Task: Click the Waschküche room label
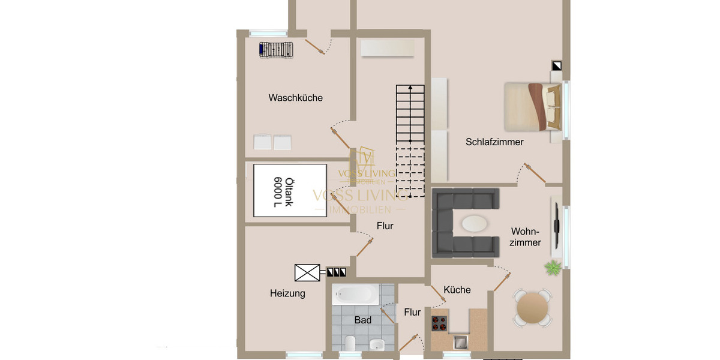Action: pyautogui.click(x=295, y=98)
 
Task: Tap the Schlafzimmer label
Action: pyautogui.click(x=494, y=142)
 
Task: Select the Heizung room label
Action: pyautogui.click(x=287, y=293)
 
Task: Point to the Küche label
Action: pyautogui.click(x=457, y=290)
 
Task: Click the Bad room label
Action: pyautogui.click(x=362, y=320)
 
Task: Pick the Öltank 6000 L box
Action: pyautogui.click(x=290, y=191)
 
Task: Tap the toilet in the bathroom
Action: pyautogui.click(x=350, y=344)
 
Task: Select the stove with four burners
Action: pyautogui.click(x=440, y=323)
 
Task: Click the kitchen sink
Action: pyautogui.click(x=460, y=342)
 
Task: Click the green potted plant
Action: pyautogui.click(x=553, y=268)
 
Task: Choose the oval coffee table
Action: pyautogui.click(x=475, y=223)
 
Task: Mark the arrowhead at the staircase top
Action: pyautogui.click(x=410, y=88)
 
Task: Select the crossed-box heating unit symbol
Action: pyautogui.click(x=307, y=273)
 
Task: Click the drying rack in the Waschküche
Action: pyautogui.click(x=277, y=50)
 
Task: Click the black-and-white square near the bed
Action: pyautogui.click(x=557, y=66)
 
